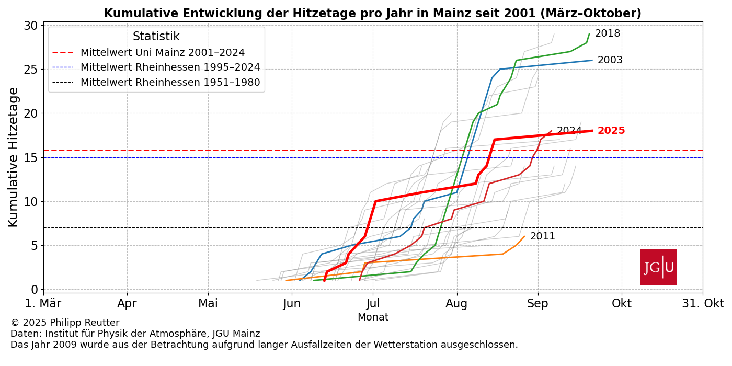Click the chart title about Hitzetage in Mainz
click(372, 14)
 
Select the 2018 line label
click(607, 33)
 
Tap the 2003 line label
click(610, 60)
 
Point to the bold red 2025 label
click(611, 131)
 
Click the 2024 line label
click(569, 131)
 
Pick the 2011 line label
click(542, 236)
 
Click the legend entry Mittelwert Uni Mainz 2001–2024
click(162, 53)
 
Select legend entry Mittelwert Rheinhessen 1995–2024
click(170, 67)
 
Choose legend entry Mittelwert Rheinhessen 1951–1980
click(170, 82)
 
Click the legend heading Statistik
click(156, 37)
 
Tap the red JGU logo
click(658, 267)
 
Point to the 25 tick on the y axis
click(31, 70)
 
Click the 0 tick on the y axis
click(35, 290)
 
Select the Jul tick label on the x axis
click(373, 304)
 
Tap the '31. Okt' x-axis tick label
click(702, 304)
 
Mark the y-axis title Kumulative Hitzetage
click(14, 157)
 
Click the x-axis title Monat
click(373, 317)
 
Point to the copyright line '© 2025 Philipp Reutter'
click(65, 323)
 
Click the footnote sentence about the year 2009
click(264, 345)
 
